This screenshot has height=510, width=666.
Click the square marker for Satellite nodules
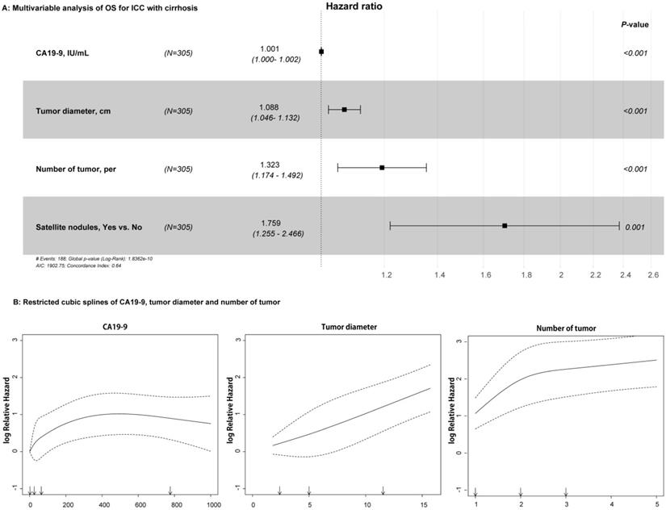(x=505, y=226)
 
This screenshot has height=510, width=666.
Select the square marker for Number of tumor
(x=382, y=168)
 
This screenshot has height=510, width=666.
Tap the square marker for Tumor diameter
(x=344, y=109)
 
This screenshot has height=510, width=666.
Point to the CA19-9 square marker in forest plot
(x=321, y=52)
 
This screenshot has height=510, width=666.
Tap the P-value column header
(x=635, y=25)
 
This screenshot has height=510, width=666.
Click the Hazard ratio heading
(x=354, y=6)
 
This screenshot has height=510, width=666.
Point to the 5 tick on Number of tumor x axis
(x=656, y=504)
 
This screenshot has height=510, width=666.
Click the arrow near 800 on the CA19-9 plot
(x=170, y=491)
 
